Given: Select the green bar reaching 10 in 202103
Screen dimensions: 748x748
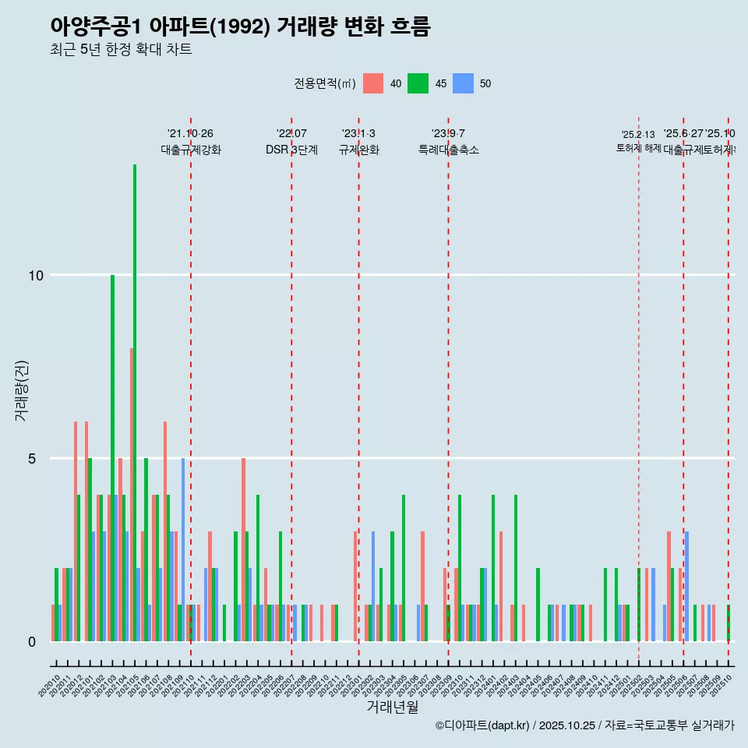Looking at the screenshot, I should point(112,458).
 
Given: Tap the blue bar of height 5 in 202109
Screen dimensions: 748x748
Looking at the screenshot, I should point(183,549).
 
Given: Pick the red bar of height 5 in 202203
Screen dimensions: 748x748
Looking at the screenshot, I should point(243,549).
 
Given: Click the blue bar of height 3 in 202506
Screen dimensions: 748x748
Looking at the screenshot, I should point(686,586).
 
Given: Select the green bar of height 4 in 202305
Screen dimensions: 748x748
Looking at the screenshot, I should point(404,568).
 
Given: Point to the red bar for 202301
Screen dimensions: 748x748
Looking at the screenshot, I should point(355,586).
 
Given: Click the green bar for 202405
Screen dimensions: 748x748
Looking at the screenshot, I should point(538,605).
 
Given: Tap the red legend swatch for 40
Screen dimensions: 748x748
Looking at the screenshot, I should point(373,83).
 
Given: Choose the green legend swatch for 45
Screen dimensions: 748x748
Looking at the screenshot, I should point(418,83).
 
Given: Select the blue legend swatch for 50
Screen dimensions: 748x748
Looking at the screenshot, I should point(464,83).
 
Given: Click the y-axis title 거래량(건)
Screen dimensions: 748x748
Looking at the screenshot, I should point(21,390).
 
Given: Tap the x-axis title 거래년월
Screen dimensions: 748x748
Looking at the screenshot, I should point(392,707).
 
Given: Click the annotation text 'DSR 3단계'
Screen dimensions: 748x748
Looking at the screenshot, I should point(291,150).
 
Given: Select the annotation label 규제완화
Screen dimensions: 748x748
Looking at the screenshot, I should point(358,150).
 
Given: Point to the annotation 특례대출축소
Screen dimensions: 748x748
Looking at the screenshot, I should point(448,150).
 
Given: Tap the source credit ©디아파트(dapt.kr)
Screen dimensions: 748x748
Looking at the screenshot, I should point(482,725).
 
